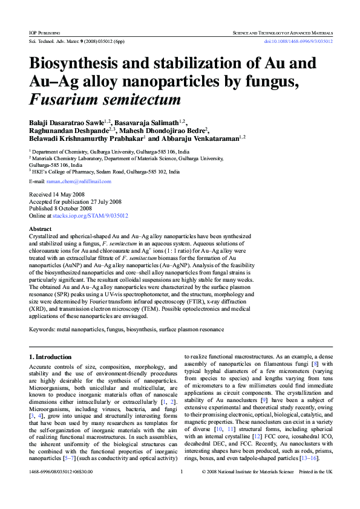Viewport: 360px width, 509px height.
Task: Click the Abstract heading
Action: coord(41,229)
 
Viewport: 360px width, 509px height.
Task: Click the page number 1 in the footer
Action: coord(182,488)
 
